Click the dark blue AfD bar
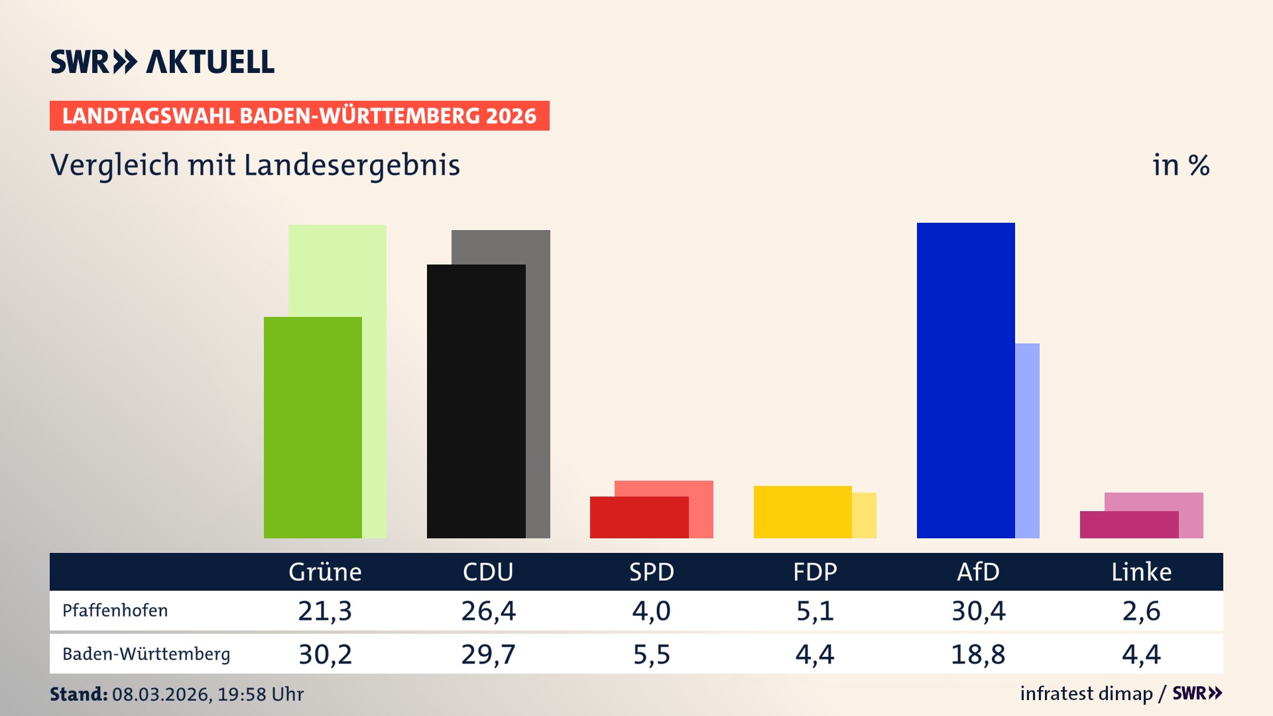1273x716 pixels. click(x=965, y=381)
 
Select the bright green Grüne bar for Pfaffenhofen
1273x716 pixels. click(x=312, y=428)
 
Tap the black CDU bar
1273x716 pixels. click(x=476, y=401)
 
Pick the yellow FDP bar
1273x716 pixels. click(x=802, y=512)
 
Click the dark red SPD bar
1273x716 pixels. click(x=638, y=518)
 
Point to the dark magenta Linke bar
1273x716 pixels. click(x=1128, y=525)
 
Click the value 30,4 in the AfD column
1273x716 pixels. click(x=978, y=611)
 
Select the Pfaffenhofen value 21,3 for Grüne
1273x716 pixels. click(x=325, y=611)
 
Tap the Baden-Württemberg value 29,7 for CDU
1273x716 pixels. click(x=488, y=654)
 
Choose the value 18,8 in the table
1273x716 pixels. click(x=978, y=654)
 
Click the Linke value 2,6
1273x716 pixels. click(x=1141, y=611)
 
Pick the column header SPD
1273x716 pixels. click(x=651, y=572)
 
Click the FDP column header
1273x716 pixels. click(x=815, y=572)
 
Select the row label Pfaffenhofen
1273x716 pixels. click(x=115, y=611)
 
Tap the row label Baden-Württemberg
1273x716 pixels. click(x=146, y=654)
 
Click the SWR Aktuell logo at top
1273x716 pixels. click(x=162, y=62)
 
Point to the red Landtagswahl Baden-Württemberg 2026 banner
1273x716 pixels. click(x=299, y=116)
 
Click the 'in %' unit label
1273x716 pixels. click(x=1181, y=166)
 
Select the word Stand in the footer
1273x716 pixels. click(x=78, y=694)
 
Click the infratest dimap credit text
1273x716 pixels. click(x=1086, y=693)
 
